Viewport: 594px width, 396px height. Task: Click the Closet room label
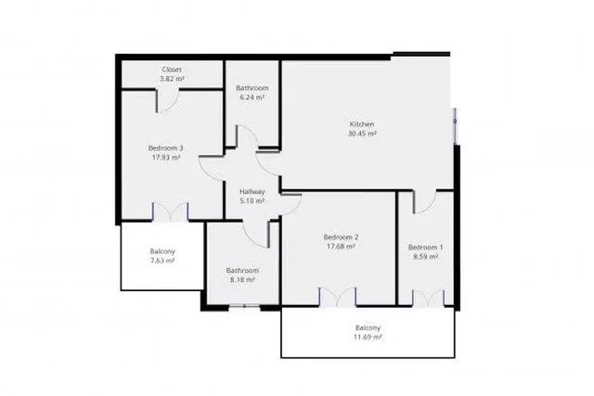pyautogui.click(x=172, y=70)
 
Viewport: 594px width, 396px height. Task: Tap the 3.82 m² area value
pyautogui.click(x=172, y=79)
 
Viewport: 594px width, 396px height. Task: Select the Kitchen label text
pyautogui.click(x=361, y=124)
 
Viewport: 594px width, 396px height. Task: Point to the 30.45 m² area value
pyautogui.click(x=361, y=134)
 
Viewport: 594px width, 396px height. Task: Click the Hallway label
pyautogui.click(x=252, y=191)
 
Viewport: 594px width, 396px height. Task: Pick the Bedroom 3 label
pyautogui.click(x=165, y=147)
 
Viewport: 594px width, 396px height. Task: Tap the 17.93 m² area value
pyautogui.click(x=165, y=157)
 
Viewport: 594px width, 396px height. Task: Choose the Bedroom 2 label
pyautogui.click(x=342, y=236)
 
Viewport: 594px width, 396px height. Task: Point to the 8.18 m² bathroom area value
pyautogui.click(x=242, y=280)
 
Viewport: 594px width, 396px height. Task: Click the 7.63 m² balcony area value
pyautogui.click(x=162, y=261)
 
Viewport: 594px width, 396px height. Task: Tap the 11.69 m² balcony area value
pyautogui.click(x=368, y=337)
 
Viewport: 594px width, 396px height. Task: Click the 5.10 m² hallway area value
pyautogui.click(x=252, y=200)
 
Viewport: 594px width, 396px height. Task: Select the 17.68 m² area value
pyautogui.click(x=342, y=246)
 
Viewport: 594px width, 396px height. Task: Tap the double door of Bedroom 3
pyautogui.click(x=171, y=211)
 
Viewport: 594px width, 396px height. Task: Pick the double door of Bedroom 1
pyautogui.click(x=428, y=297)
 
